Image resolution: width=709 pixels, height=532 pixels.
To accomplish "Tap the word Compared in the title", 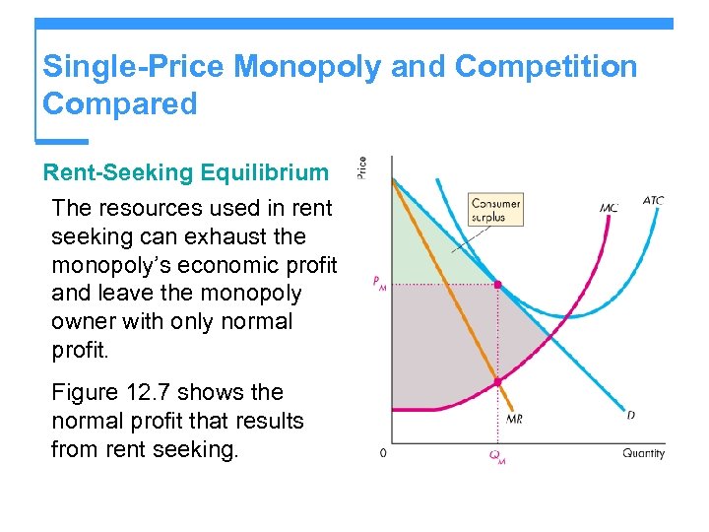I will pyautogui.click(x=120, y=103).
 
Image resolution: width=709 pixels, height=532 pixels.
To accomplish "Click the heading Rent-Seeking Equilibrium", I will pyautogui.click(x=186, y=172).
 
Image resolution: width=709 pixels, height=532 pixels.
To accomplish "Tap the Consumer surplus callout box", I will pyautogui.click(x=496, y=210).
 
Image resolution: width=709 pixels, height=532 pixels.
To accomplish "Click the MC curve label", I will pyautogui.click(x=610, y=208).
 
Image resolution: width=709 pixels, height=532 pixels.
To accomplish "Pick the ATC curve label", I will pyautogui.click(x=653, y=201).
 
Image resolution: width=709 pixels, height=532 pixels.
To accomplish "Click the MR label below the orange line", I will pyautogui.click(x=514, y=419).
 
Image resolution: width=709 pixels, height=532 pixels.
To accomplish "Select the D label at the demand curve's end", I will pyautogui.click(x=630, y=415).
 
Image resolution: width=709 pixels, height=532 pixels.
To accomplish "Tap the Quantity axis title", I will pyautogui.click(x=643, y=453).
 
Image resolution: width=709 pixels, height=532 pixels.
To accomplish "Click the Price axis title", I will pyautogui.click(x=361, y=168).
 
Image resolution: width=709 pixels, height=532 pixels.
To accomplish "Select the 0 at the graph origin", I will pyautogui.click(x=383, y=453).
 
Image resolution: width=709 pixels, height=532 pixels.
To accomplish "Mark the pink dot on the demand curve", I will pyautogui.click(x=497, y=285).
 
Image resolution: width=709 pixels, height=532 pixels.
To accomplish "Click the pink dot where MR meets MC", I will pyautogui.click(x=497, y=381).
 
